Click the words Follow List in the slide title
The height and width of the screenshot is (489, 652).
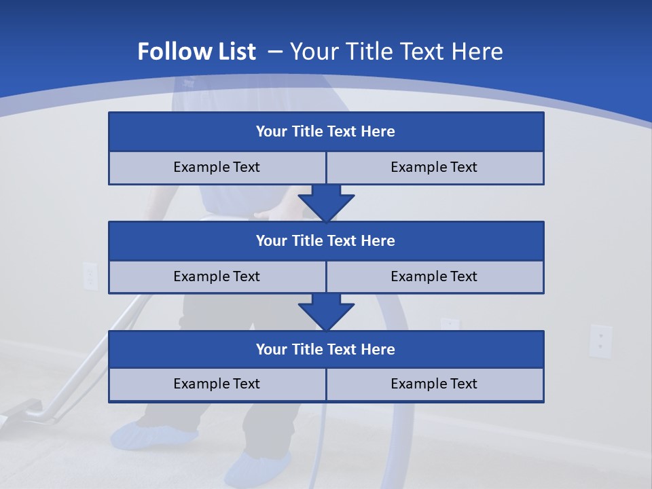click(197, 52)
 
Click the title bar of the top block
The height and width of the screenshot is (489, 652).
click(326, 132)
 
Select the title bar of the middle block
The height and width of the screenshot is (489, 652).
click(326, 240)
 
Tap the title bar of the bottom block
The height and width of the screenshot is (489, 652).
click(326, 349)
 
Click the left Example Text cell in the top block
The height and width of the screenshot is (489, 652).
click(217, 167)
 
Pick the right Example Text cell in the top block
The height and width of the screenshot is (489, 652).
click(434, 167)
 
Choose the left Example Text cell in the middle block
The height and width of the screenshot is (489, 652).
click(217, 276)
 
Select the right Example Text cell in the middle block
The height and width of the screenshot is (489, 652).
click(434, 276)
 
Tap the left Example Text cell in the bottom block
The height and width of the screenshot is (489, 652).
click(217, 384)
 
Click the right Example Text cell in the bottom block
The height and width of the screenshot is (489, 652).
click(434, 384)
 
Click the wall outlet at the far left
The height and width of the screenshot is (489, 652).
click(90, 276)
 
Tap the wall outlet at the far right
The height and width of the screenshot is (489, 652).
click(600, 341)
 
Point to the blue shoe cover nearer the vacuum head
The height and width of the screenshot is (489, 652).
click(153, 435)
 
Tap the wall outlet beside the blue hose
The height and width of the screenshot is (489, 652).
click(449, 323)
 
